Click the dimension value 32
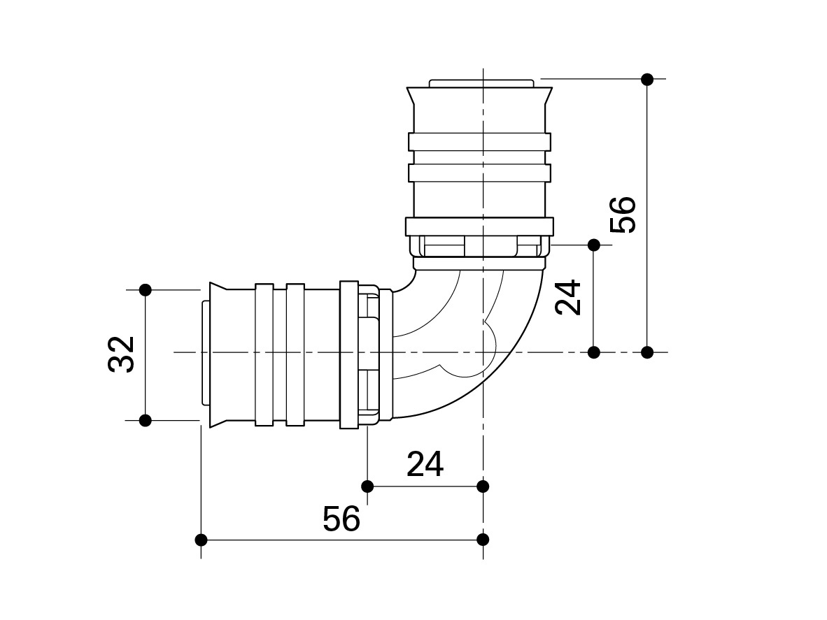click(122, 354)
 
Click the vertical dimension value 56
click(623, 214)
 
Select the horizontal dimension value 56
click(341, 519)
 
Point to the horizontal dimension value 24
click(425, 464)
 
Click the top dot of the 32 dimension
click(146, 289)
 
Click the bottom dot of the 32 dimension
click(146, 420)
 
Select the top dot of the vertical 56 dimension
click(647, 80)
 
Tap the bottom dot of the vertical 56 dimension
click(647, 352)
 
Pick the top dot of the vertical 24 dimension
click(594, 245)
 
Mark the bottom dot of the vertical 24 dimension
click(594, 352)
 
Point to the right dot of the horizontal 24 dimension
click(483, 486)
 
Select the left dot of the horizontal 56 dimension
click(202, 540)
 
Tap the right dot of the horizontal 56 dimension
click(483, 540)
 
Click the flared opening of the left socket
click(216, 354)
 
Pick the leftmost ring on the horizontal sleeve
click(264, 354)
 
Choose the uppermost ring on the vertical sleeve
click(479, 142)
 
